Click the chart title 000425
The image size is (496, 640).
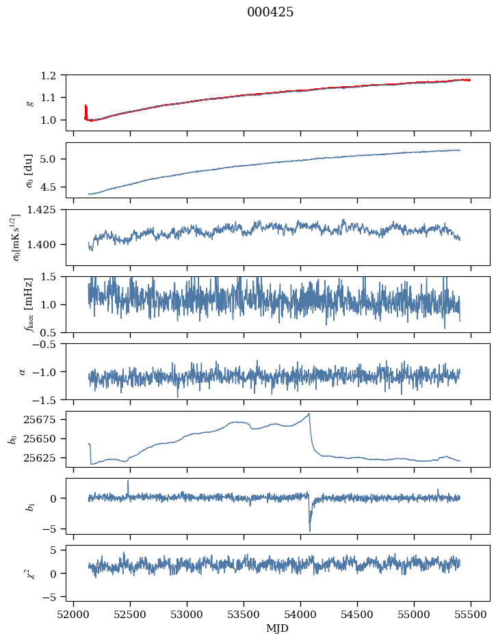[x=270, y=12]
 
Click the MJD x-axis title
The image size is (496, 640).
[x=278, y=628]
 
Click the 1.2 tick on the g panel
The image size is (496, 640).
[x=53, y=75]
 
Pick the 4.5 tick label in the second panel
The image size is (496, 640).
[x=53, y=187]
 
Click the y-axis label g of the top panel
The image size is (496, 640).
[x=29, y=103]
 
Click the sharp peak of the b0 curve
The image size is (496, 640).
[x=309, y=414]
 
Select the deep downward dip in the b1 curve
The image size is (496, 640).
[x=309, y=529]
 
